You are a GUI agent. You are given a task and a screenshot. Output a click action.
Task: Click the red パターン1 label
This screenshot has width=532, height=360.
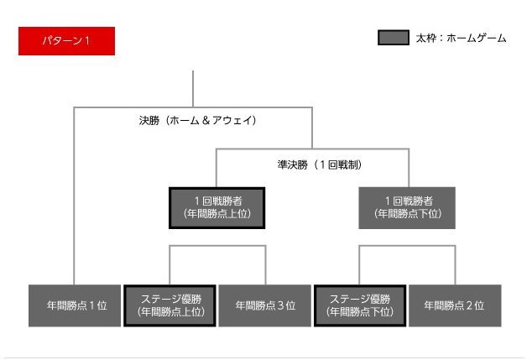66,41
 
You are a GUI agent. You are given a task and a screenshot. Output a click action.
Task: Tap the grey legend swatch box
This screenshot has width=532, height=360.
393,38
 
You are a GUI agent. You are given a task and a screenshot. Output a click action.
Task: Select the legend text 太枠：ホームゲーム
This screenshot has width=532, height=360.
461,38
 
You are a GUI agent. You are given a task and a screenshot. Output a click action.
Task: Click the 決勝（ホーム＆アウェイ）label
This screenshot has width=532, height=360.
197,120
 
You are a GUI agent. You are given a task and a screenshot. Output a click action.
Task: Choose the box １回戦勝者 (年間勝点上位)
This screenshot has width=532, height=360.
216,207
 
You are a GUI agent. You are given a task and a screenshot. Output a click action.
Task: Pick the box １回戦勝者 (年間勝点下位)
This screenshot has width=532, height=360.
407,207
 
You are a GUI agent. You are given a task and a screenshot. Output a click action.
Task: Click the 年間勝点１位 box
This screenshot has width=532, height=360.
74,305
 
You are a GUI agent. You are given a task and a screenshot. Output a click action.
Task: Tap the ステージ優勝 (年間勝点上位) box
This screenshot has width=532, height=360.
170,305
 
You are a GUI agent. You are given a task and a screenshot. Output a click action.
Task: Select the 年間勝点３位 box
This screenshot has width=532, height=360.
265,305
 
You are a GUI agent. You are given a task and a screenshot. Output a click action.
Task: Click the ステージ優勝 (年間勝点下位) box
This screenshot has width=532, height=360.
360,305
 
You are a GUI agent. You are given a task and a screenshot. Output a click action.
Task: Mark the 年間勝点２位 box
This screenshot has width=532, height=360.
454,305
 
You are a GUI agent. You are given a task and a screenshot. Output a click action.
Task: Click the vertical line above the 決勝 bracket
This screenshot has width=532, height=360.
193,88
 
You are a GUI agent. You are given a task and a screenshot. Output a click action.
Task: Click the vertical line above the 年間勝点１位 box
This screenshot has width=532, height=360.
74,201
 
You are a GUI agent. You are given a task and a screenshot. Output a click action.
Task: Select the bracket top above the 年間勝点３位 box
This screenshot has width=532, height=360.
243,246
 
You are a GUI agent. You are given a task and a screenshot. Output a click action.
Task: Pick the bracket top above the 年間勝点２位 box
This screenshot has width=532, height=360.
432,246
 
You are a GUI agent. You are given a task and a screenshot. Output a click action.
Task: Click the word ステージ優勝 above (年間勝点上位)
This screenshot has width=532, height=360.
170,299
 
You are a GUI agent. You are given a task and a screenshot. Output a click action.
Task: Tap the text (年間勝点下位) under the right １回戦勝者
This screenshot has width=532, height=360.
407,214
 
